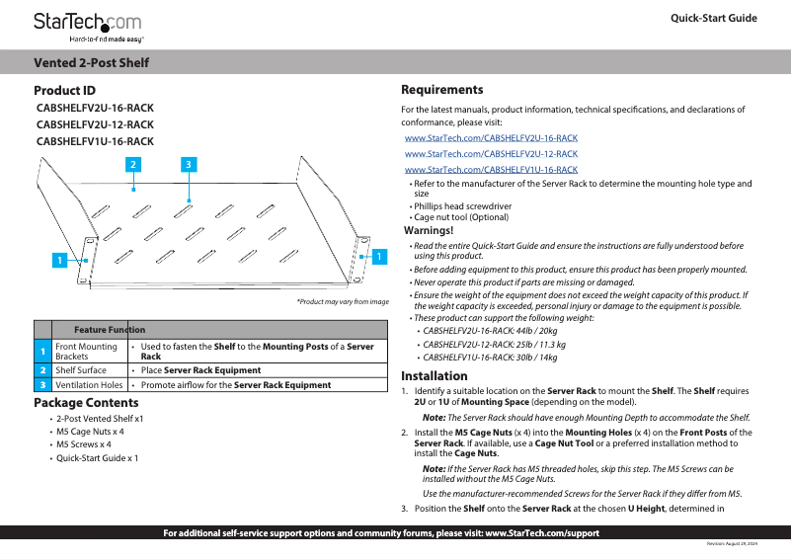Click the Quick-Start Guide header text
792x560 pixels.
click(713, 19)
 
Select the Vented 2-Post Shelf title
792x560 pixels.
click(92, 63)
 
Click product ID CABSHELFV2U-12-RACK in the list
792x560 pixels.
click(95, 125)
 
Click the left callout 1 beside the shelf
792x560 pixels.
click(59, 261)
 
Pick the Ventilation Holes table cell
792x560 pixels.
click(89, 385)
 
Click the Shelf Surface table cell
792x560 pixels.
click(81, 370)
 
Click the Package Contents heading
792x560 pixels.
click(86, 403)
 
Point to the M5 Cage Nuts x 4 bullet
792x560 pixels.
click(90, 432)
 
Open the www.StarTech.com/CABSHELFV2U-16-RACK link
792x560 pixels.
click(491, 139)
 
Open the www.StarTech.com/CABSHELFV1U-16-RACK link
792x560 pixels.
click(491, 170)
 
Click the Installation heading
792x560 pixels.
click(434, 376)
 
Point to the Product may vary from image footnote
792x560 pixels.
click(343, 301)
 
